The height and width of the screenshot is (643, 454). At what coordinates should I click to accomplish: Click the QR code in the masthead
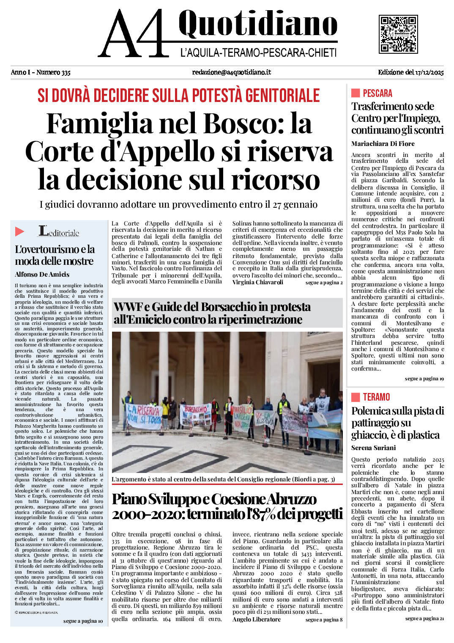398,34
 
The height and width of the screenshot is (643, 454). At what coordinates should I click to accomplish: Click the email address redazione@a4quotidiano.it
231,72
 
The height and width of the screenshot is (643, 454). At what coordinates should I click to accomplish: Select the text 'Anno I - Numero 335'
41,72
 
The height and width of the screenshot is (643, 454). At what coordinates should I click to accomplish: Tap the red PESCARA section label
377,93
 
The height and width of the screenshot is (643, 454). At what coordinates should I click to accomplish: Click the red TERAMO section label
376,397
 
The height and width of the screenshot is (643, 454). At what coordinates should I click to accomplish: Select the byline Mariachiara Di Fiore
383,144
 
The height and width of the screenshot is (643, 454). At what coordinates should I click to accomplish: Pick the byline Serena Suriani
373,448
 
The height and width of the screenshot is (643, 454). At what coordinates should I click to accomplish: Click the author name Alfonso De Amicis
42,275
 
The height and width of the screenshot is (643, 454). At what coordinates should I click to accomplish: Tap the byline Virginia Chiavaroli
257,282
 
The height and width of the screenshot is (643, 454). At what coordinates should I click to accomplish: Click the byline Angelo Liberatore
256,620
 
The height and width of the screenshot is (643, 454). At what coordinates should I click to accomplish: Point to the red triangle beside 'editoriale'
19,231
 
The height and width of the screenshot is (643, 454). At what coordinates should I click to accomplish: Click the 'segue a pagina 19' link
424,379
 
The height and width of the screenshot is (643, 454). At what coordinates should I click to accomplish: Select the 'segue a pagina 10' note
83,621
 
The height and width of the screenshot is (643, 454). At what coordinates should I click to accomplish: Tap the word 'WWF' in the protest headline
128,307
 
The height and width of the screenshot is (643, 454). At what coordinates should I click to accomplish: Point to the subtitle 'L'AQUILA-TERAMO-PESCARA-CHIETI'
258,53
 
